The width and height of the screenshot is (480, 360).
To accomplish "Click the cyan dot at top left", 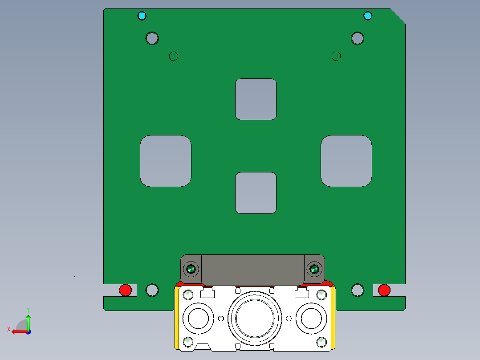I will pos(142,16).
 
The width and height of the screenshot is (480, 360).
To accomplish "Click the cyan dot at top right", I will pos(367,16).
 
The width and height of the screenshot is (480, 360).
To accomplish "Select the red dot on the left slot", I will pos(126,290).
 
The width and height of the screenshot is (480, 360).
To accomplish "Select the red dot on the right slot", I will pos(384,290).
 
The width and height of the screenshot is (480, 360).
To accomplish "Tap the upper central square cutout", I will pos(256,99).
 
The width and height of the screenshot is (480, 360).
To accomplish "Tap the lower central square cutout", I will pos(256,192).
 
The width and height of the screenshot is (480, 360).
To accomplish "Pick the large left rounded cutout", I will pos(166,161).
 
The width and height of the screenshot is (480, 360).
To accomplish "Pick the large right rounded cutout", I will pos(346,161).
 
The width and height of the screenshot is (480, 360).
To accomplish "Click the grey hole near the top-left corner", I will pos(152,38).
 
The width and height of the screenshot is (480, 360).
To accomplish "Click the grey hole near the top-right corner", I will pos(358,38).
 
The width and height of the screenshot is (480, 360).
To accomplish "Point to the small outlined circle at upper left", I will pos(174,56).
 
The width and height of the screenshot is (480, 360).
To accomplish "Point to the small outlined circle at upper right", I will pos(336,56).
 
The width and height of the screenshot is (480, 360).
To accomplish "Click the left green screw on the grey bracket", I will pos(191,269).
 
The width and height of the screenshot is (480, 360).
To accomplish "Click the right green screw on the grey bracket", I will pos(314,269).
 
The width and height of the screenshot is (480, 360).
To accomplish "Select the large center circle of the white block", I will pos(255,318).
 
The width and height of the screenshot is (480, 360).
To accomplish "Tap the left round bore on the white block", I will pos(198,318).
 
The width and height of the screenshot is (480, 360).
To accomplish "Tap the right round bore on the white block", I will pos(311,318).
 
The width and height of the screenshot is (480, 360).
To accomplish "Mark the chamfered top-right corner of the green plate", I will pos(398,16).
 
